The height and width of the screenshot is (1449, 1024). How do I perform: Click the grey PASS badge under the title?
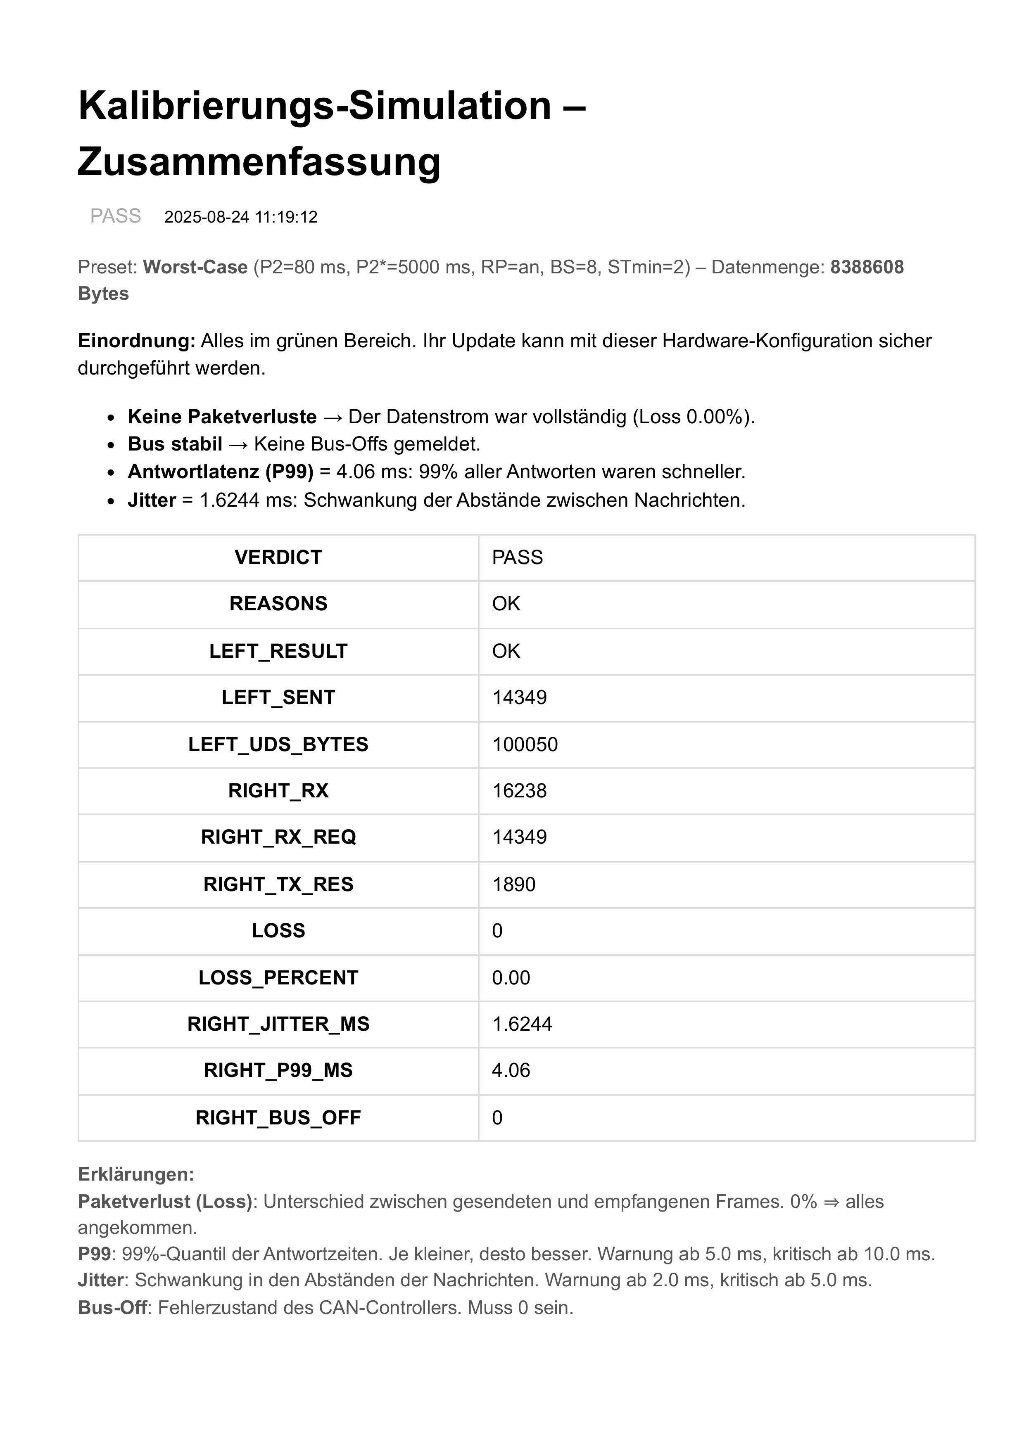click(x=116, y=216)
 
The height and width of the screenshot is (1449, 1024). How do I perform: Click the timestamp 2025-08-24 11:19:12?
click(x=240, y=217)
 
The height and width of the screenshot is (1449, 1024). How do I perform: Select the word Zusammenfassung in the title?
click(x=259, y=161)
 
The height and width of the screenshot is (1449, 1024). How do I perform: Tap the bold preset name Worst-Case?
click(x=195, y=267)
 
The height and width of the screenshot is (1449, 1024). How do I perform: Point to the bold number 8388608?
click(x=867, y=267)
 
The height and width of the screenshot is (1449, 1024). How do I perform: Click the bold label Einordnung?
click(x=136, y=341)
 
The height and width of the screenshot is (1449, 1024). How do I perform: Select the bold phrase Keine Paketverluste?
click(x=222, y=417)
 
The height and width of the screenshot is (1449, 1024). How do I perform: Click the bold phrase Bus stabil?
click(x=175, y=444)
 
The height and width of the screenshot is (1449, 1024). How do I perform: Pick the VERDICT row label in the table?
click(x=278, y=557)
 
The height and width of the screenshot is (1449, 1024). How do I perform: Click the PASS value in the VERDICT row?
click(x=518, y=557)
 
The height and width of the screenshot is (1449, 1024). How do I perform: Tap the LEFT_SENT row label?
click(x=278, y=697)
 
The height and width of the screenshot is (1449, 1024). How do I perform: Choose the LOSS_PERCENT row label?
click(x=278, y=977)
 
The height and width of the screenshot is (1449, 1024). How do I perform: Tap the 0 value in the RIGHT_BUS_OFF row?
click(x=497, y=1118)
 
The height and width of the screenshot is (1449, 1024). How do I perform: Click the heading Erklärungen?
click(x=136, y=1174)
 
